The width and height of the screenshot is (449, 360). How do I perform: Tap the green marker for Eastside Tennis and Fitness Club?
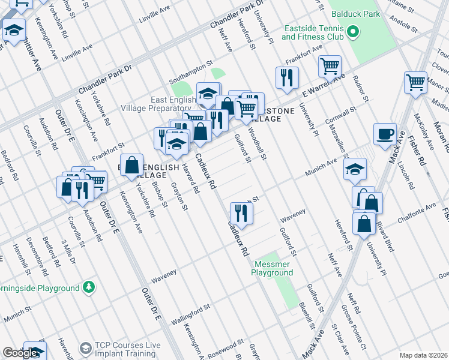pyautogui.click(x=354, y=31)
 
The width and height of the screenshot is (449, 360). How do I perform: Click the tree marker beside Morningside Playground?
pyautogui.click(x=89, y=287)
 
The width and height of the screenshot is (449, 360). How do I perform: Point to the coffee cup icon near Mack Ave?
pyautogui.click(x=385, y=134)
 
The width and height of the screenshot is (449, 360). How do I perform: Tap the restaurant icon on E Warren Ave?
pyautogui.click(x=287, y=77)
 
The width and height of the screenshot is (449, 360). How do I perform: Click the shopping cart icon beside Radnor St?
pyautogui.click(x=330, y=67)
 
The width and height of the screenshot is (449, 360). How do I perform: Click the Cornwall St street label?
pyautogui.click(x=342, y=115)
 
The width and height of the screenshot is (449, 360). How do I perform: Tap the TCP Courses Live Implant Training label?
pyautogui.click(x=128, y=349)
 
